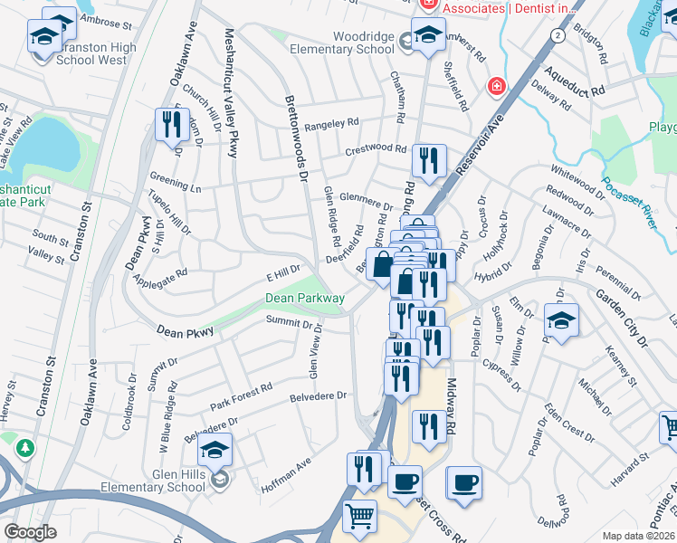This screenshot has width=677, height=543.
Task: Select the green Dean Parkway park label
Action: pos(304,297)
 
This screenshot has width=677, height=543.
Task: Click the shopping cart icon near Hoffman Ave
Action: pos(360,517)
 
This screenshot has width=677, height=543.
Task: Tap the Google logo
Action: pos(30,532)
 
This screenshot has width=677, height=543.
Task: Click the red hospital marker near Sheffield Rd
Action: pos(496,87)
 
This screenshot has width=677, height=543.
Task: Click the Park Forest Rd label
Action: pos(241,394)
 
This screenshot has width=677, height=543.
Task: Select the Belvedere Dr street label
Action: pos(319,395)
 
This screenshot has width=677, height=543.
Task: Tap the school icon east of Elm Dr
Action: pos(561,320)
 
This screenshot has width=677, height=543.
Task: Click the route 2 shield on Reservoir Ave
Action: pos(558,34)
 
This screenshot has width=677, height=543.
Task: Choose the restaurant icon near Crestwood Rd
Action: pos(428,161)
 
